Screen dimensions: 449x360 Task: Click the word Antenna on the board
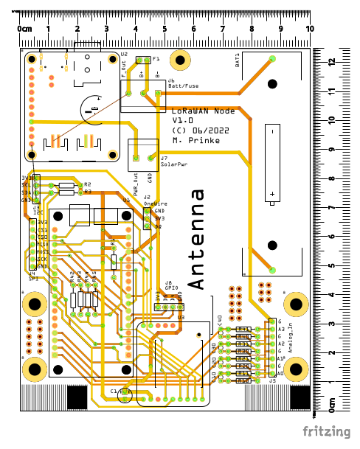[195, 239]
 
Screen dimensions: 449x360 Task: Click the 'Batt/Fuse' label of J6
[183, 86]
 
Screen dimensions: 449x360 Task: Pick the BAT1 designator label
[238, 60]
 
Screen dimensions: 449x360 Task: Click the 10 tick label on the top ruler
[310, 28]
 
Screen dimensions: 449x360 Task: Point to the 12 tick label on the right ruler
[333, 61]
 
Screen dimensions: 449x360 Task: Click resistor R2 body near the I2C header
[67, 184]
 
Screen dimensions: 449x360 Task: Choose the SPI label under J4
[33, 279]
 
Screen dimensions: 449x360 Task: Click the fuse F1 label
[156, 58]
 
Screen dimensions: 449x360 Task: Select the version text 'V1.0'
[182, 119]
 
